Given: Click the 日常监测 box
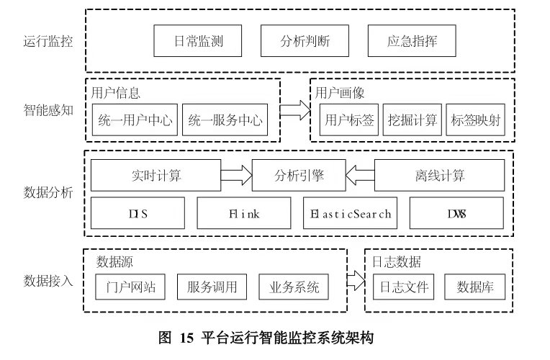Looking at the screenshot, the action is (198, 41).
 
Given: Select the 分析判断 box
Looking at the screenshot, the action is (305, 41).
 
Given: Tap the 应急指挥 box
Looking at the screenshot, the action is (412, 41).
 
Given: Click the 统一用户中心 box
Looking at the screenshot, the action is (135, 120).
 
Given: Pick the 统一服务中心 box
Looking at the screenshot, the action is (225, 120).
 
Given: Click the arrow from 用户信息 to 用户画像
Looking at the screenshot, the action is (295, 110).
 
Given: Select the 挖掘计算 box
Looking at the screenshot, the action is (412, 120).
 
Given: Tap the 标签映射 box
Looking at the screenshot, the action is (475, 120).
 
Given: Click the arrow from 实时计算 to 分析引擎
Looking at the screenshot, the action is (236, 175).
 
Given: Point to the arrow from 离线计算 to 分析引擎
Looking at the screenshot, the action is (360, 175).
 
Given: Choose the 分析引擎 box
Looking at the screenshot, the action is (299, 175).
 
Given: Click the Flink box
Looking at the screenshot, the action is (244, 213).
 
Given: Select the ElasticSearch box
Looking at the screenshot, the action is (350, 213).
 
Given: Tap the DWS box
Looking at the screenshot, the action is (456, 213).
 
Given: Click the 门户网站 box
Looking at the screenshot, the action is (130, 287).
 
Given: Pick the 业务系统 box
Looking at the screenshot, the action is (294, 287).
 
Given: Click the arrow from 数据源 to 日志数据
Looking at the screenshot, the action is (356, 281).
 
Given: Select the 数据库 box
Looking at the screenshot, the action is (474, 287).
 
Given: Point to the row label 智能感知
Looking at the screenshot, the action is (48, 110).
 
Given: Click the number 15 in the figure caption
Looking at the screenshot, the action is (186, 338).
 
